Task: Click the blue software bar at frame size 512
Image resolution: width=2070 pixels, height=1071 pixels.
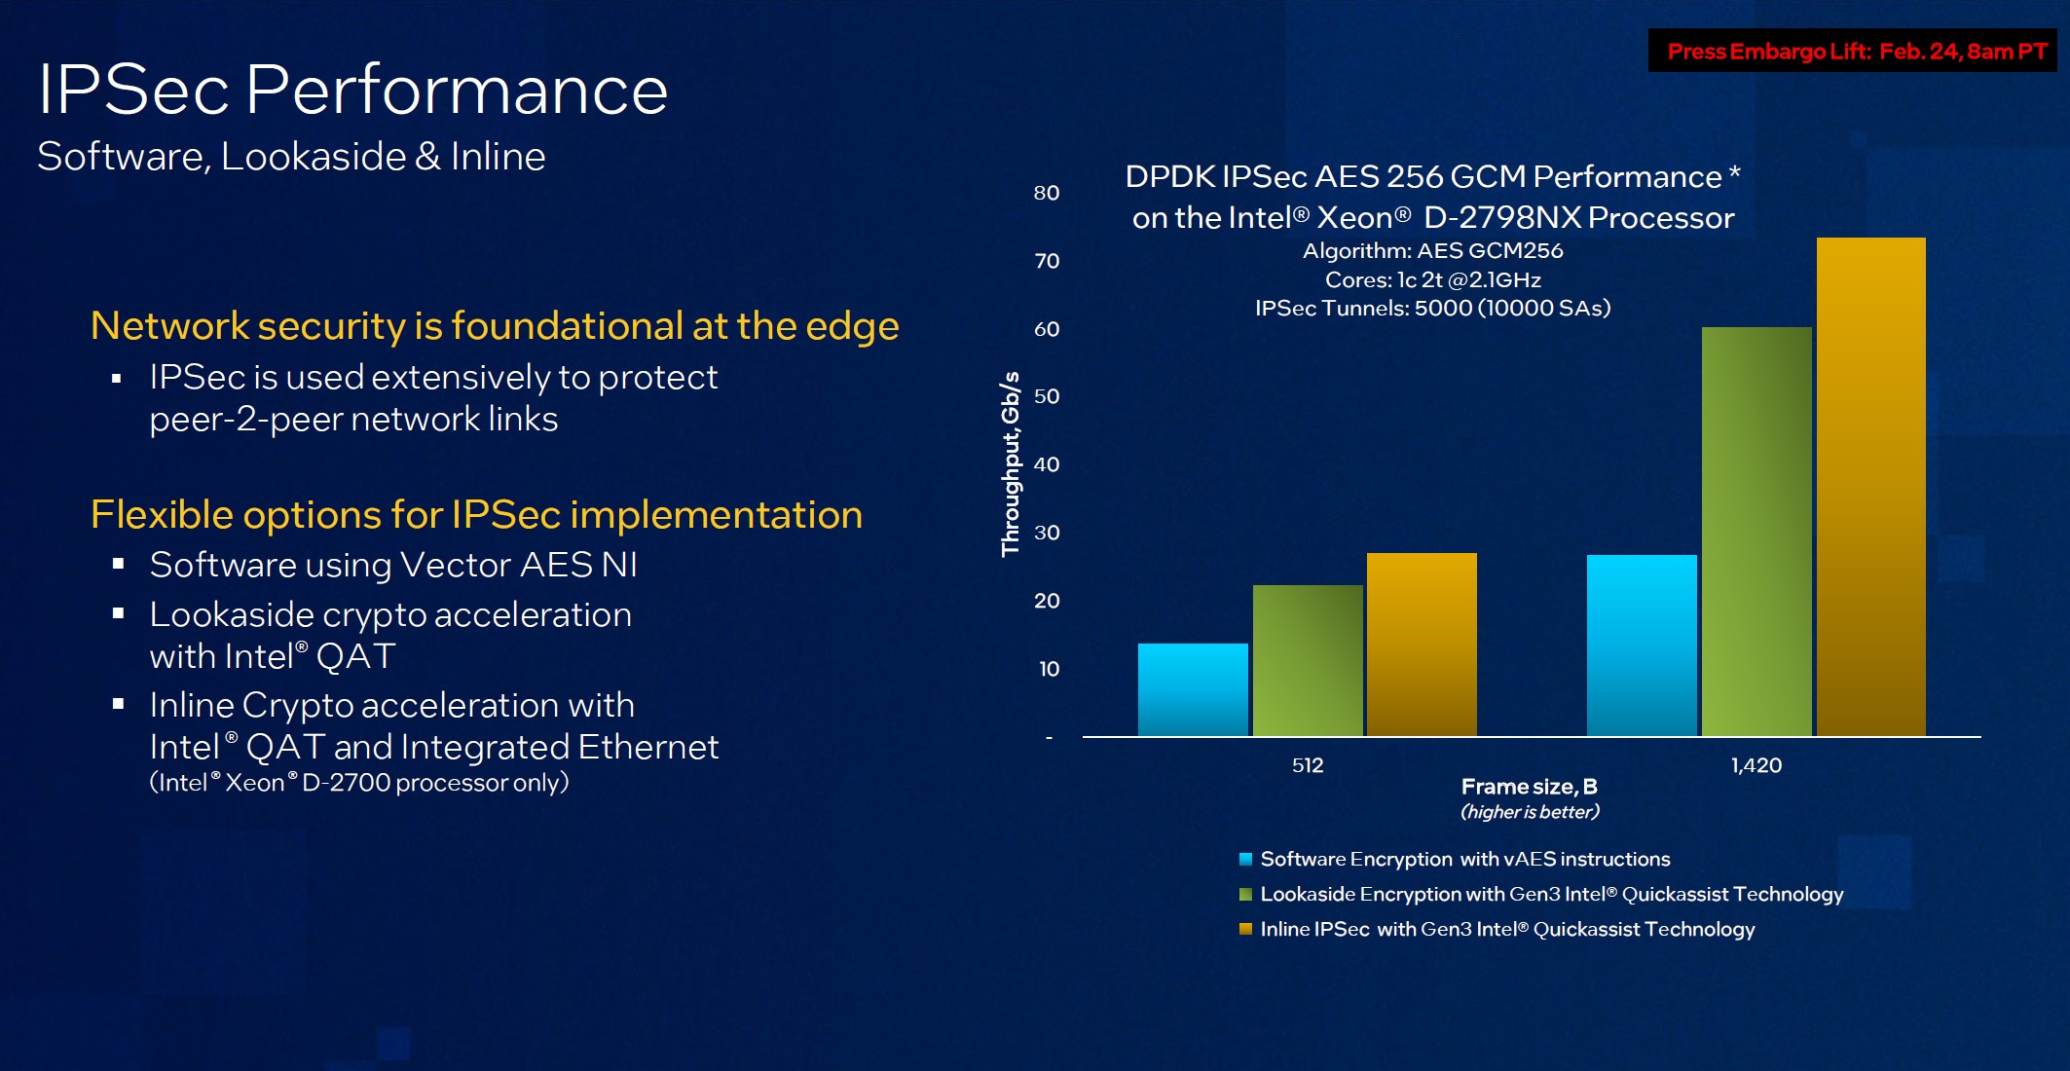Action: coord(1193,689)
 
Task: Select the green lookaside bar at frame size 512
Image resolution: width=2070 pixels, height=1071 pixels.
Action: coord(1308,660)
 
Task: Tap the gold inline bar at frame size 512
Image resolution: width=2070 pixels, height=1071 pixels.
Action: coord(1422,645)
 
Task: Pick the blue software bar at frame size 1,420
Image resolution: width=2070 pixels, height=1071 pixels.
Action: coord(1642,646)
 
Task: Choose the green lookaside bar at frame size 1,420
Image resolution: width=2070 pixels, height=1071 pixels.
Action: coord(1756,532)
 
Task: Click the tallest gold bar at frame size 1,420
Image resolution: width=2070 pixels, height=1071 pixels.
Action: coord(1871,487)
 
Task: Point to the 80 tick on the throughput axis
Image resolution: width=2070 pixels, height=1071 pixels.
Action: coord(1047,193)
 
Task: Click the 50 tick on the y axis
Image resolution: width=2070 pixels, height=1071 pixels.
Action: coord(1047,396)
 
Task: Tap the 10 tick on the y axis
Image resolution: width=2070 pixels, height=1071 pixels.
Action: coord(1049,669)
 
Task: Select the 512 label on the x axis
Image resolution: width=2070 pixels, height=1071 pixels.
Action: coord(1308,765)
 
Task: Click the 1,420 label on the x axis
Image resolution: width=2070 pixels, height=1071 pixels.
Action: coord(1756,765)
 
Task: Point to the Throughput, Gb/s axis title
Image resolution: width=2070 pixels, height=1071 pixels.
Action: coord(1011,463)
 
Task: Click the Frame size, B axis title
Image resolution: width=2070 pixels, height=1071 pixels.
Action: coord(1529,787)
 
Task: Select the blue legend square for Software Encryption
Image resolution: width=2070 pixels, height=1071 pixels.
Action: coord(1245,859)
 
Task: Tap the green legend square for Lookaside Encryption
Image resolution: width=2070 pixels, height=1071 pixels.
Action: coord(1245,894)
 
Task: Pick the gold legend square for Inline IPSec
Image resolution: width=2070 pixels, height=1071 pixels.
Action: coord(1245,929)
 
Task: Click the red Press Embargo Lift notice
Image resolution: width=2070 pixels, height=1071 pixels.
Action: coord(1857,52)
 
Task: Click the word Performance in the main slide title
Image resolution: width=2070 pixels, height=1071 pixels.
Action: coord(457,91)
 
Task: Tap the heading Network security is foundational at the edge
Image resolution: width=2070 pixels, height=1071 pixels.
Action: coord(495,326)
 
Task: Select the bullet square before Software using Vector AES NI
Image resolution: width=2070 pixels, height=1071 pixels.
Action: coord(118,564)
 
